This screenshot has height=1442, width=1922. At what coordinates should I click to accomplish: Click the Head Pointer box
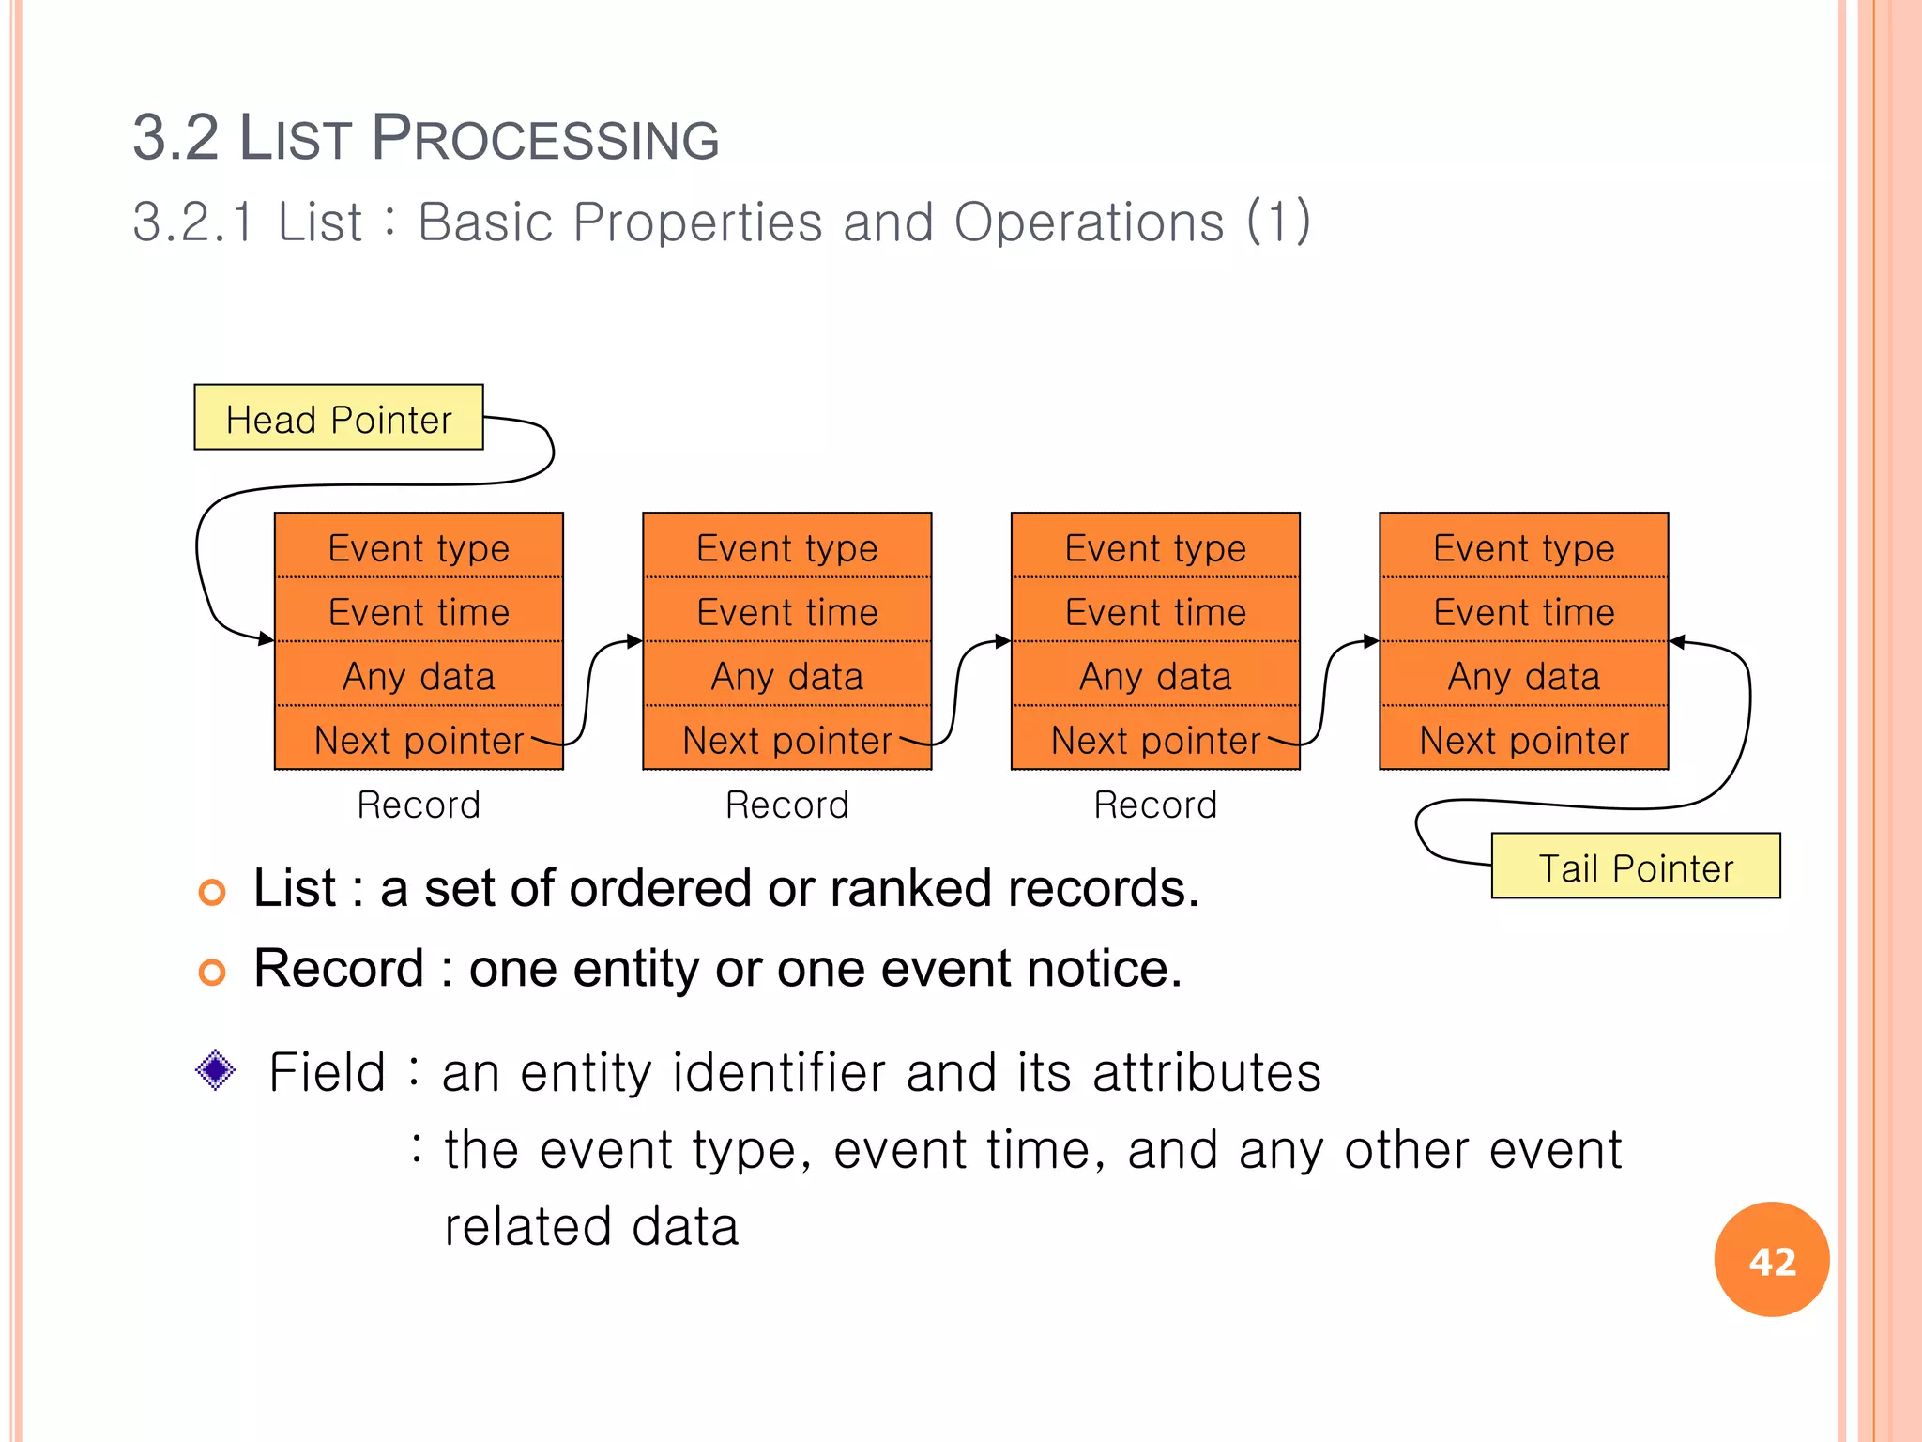pyautogui.click(x=339, y=418)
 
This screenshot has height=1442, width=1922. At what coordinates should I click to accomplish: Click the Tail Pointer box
pyautogui.click(x=1635, y=867)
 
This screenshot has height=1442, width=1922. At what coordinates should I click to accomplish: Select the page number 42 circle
pyautogui.click(x=1771, y=1260)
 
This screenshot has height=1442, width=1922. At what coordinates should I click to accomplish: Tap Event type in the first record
pyautogui.click(x=419, y=547)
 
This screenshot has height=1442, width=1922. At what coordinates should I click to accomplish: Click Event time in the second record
pyautogui.click(x=786, y=612)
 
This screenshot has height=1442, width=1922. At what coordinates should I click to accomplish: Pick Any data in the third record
pyautogui.click(x=1154, y=676)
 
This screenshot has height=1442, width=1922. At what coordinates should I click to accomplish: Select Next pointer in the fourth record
pyautogui.click(x=1523, y=740)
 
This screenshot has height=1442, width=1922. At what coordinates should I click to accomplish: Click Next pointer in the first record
pyautogui.click(x=419, y=740)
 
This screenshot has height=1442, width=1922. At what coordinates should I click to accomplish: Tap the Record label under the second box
pyautogui.click(x=786, y=805)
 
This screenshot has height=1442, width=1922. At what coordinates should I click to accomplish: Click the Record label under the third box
pyautogui.click(x=1154, y=805)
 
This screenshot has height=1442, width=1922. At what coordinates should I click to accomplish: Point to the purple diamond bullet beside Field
pyautogui.click(x=216, y=1069)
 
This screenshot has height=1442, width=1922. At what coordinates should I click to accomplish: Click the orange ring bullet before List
pyautogui.click(x=212, y=891)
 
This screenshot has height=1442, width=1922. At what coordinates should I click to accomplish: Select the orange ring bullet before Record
pyautogui.click(x=212, y=972)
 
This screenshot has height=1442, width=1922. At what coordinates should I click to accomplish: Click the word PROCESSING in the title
pyautogui.click(x=545, y=139)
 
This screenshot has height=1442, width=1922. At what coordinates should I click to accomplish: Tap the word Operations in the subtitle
pyautogui.click(x=1089, y=222)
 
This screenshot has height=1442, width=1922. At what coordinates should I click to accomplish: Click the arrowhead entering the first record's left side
pyautogui.click(x=267, y=639)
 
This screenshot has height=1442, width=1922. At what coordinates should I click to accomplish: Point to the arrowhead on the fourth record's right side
pyautogui.click(x=1678, y=642)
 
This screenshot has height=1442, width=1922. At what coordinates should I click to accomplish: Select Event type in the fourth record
pyautogui.click(x=1523, y=547)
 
